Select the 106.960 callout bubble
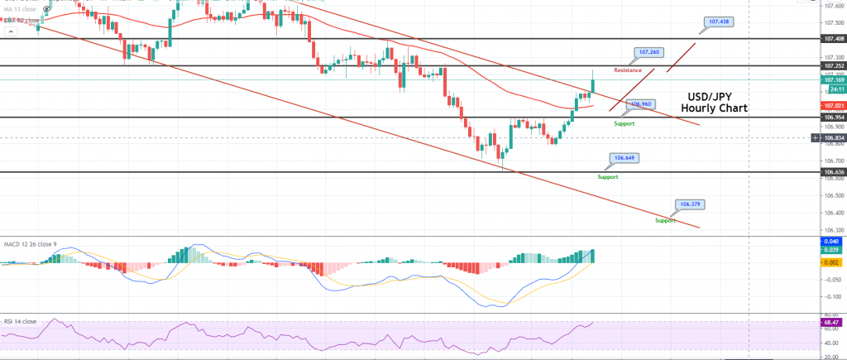[640, 105]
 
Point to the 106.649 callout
[624, 157]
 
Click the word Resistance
[628, 70]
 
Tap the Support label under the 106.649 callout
[608, 176]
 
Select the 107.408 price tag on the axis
[833, 39]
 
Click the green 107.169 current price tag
[833, 80]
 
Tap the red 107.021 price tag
[833, 106]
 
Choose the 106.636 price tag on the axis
[833, 172]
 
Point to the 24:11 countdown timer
[833, 89]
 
